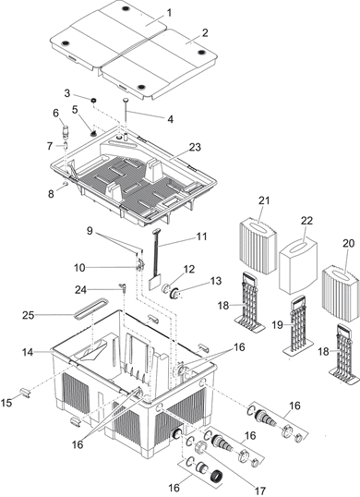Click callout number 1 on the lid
tap(168, 12)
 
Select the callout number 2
tap(205, 32)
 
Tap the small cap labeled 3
tap(93, 100)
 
